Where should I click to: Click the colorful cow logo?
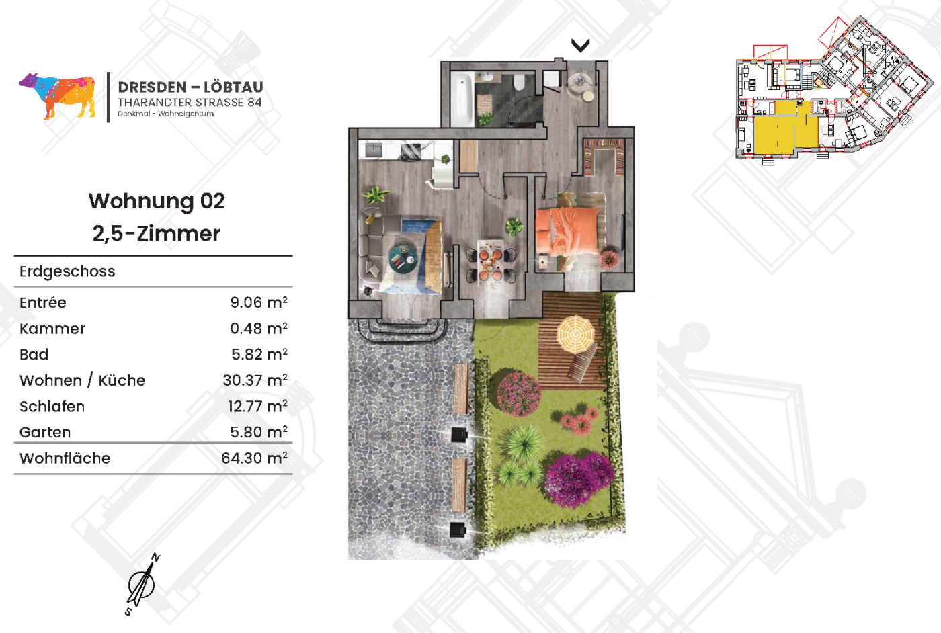pos(58,96)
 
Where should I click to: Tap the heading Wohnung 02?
pos(157,201)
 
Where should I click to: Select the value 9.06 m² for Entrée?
pos(259,302)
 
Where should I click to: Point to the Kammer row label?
pos(52,329)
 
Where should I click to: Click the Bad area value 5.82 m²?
pos(259,355)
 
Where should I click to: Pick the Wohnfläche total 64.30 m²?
pos(254,458)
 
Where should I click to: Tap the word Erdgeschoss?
pos(67,271)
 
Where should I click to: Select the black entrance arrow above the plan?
pos(580,45)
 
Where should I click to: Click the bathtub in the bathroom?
pos(462,99)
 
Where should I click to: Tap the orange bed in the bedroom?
pos(567,231)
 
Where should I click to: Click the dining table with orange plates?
pos(490,261)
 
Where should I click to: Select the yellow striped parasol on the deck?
pos(575,335)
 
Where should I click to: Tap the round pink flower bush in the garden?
pos(519,394)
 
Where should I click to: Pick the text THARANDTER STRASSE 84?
pos(190,103)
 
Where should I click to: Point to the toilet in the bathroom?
pos(520,83)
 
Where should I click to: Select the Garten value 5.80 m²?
pos(259,432)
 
